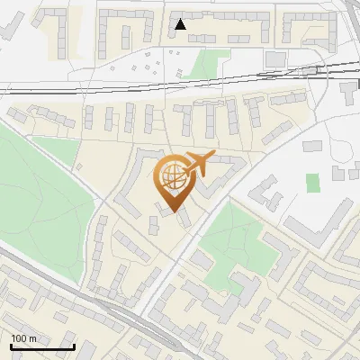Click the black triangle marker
tap(181, 24)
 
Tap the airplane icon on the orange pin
tap(198, 163)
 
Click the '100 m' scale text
tap(23, 338)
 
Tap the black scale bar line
tap(41, 346)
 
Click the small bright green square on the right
tap(312, 183)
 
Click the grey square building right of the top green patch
tap(274, 58)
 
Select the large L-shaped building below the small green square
tap(319, 220)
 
